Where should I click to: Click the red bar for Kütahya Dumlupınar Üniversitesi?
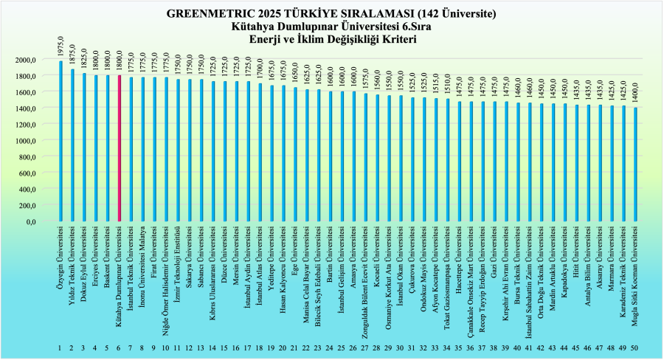[118, 148]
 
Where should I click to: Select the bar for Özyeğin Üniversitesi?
[60, 140]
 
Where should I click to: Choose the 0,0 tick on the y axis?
[44, 221]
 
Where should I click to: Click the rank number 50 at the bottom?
[635, 347]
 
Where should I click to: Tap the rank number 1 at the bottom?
[60, 347]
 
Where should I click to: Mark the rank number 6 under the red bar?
[118, 347]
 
